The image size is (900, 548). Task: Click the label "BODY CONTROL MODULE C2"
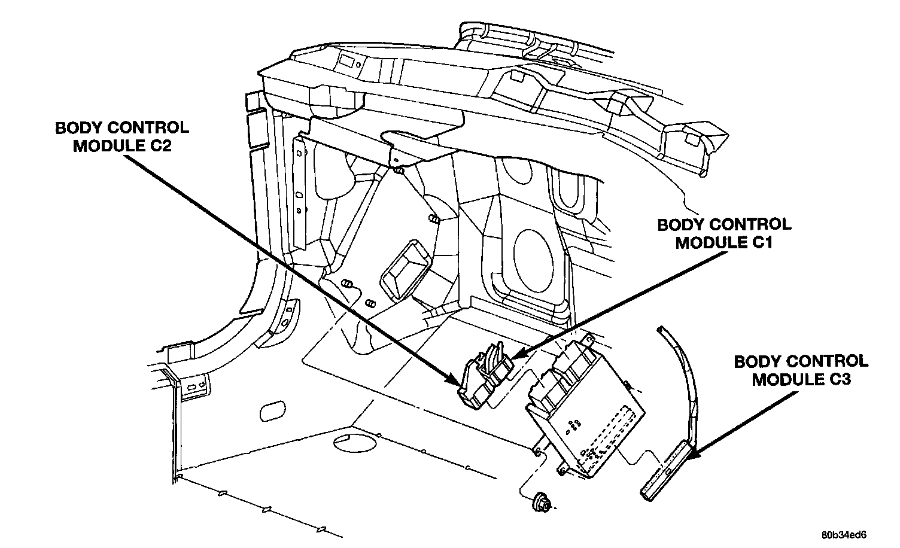pyautogui.click(x=122, y=136)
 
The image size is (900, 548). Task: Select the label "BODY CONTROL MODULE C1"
pyautogui.click(x=724, y=233)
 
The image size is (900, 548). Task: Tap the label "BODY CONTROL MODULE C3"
pyautogui.click(x=801, y=370)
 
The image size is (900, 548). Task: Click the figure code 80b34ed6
pyautogui.click(x=843, y=535)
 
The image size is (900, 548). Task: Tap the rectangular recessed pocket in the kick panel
pyautogui.click(x=405, y=270)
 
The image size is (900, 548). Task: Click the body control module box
pyautogui.click(x=585, y=406)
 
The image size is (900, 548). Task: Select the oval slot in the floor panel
pyautogui.click(x=273, y=410)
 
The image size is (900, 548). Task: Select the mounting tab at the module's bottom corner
pyautogui.click(x=563, y=469)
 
